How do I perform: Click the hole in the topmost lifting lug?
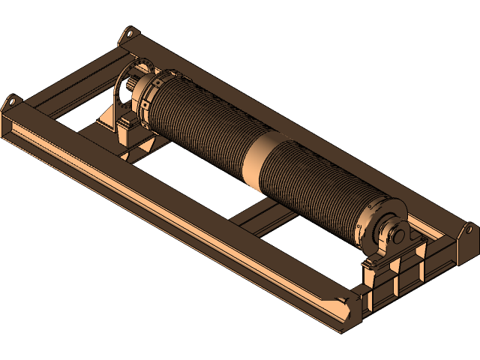[x=128, y=34]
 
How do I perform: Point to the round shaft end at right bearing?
[x=395, y=233]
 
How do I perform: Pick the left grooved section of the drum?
[x=199, y=120]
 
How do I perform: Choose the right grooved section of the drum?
[x=315, y=187]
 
